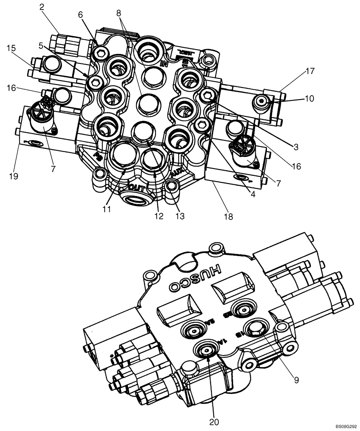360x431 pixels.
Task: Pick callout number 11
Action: [x=107, y=209]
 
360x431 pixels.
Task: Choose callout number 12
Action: [x=159, y=216]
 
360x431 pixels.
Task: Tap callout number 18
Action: [x=228, y=217]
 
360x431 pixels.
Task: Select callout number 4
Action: [x=253, y=194]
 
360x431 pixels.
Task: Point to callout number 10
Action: [x=310, y=98]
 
